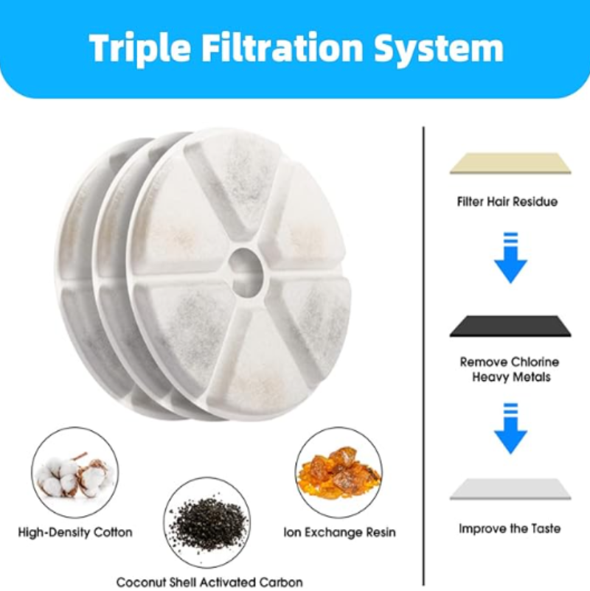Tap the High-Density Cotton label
coord(75,531)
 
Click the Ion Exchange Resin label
coord(340,531)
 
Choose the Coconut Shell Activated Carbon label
coord(209,582)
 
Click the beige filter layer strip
coord(510,163)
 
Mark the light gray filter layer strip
coord(510,489)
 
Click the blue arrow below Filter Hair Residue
coord(510,259)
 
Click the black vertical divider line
coord(423,354)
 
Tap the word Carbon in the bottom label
coord(280,582)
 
